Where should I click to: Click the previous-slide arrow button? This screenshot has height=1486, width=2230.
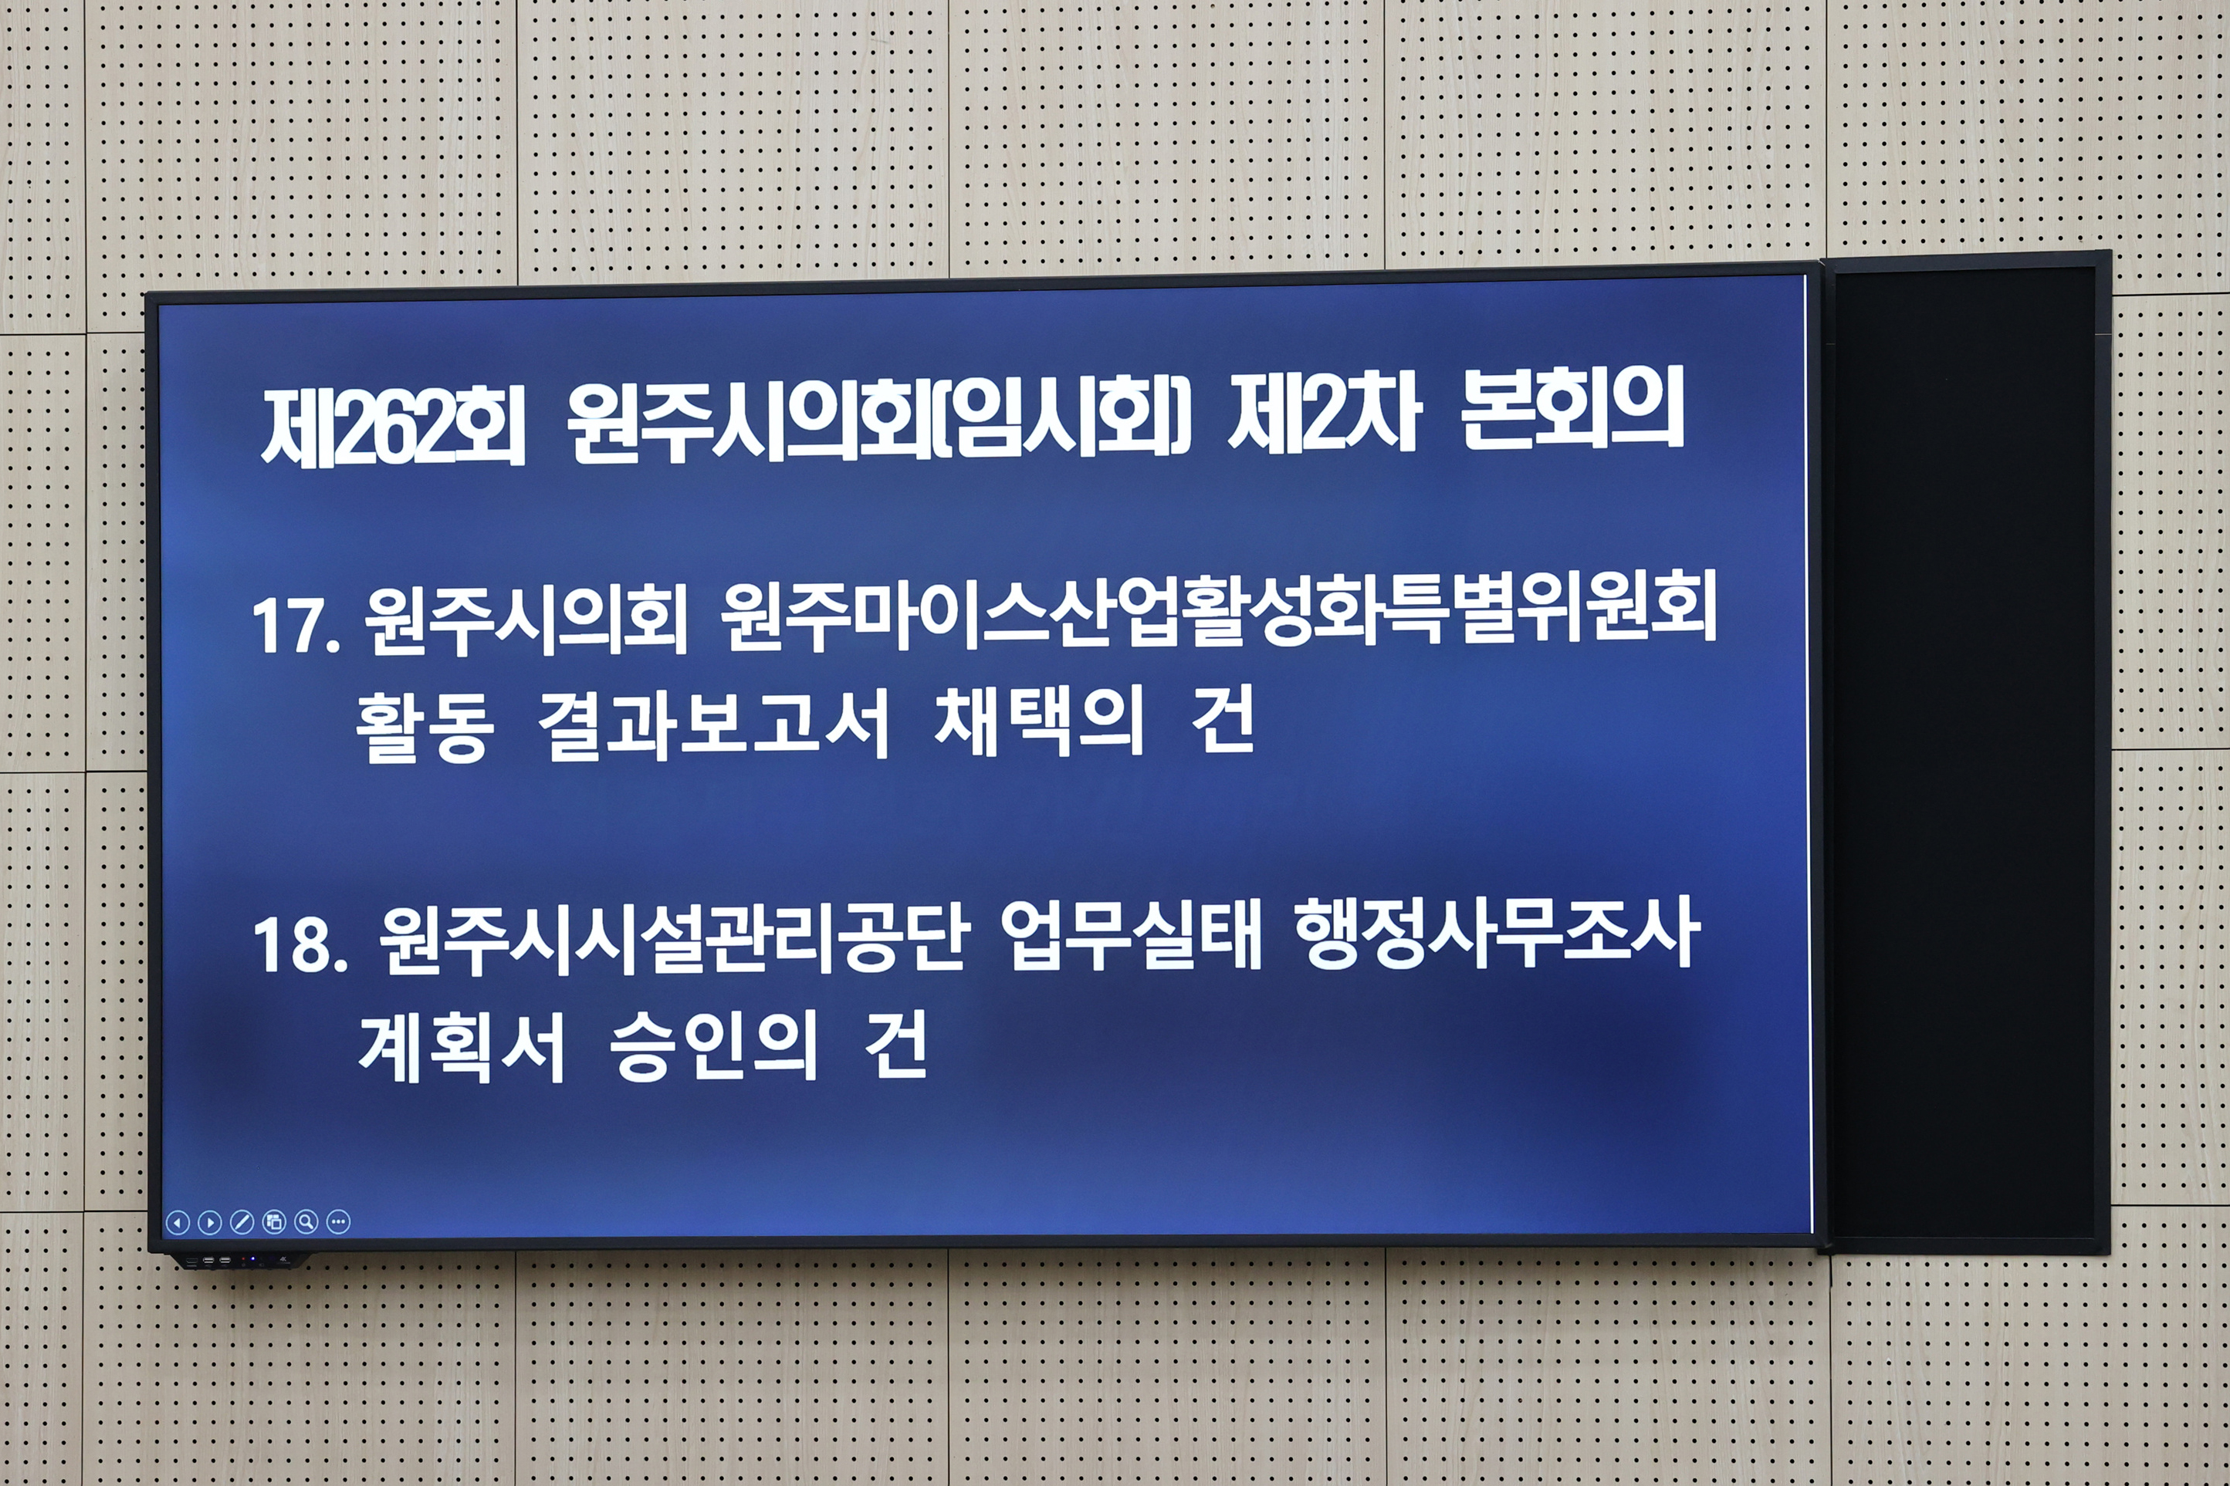[x=178, y=1223]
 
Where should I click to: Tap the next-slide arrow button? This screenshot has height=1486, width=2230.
[x=209, y=1223]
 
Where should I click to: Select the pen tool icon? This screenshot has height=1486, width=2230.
[x=242, y=1223]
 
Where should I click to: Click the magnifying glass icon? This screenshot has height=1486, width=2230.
[x=306, y=1221]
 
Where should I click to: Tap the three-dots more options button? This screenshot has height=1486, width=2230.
[x=339, y=1221]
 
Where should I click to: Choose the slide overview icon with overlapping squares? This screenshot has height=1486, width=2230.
[x=274, y=1223]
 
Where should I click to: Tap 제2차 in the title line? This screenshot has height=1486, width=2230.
[x=1325, y=417]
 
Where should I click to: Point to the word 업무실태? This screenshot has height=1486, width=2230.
[x=1131, y=937]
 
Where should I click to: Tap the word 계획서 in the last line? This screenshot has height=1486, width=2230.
[x=462, y=1047]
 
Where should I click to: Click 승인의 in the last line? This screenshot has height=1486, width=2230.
[x=713, y=1047]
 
